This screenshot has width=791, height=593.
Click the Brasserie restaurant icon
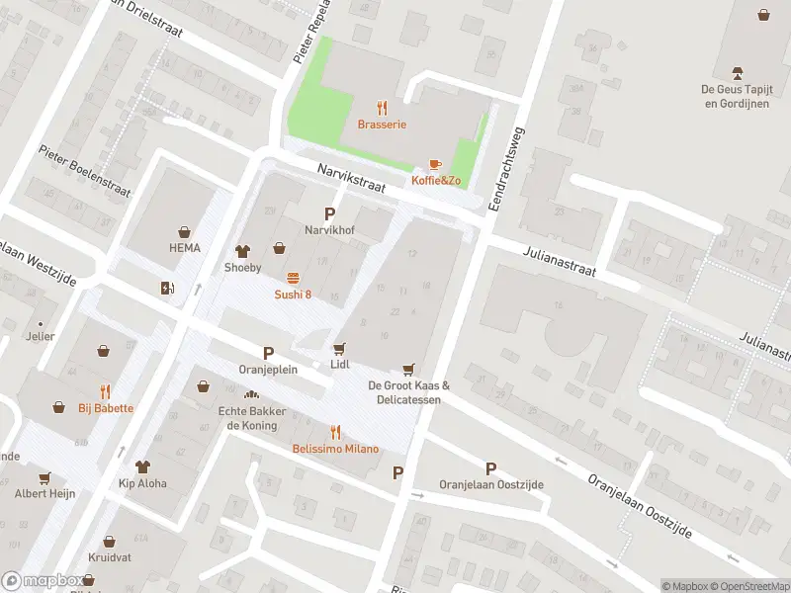382,108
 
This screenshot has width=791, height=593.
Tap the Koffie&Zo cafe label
436,180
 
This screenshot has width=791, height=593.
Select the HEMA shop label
184,248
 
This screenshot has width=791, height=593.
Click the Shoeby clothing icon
242,251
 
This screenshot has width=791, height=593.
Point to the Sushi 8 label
293,295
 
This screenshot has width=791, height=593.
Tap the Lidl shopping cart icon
340,348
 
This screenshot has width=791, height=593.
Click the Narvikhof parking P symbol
330,213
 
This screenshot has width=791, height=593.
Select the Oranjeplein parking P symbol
268,353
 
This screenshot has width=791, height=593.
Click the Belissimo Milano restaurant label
335,449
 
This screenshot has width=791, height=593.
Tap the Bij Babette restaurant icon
106,391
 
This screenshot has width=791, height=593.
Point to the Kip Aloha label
142,484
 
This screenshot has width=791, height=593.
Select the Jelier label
40,336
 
